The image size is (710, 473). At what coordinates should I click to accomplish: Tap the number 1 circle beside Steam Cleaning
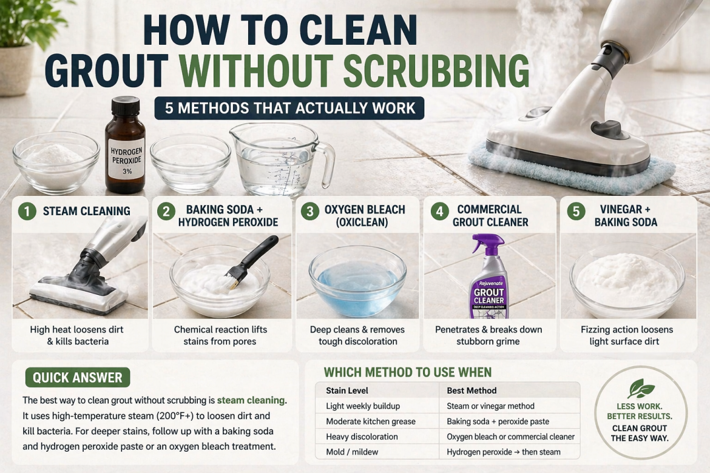(27, 211)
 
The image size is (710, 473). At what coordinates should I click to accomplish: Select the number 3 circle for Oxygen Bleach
(310, 211)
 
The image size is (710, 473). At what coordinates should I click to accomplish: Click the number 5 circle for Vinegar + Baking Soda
(575, 211)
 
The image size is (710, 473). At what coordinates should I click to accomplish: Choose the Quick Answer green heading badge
(77, 377)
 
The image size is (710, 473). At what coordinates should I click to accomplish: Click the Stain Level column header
(347, 391)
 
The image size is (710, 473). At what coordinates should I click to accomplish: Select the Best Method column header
(472, 391)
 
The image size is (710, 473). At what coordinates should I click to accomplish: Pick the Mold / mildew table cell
(353, 452)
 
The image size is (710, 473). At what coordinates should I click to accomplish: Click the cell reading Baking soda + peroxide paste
(498, 421)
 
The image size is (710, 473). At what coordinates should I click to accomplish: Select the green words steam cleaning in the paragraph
(251, 400)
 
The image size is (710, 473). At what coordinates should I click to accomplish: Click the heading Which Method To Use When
(407, 372)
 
